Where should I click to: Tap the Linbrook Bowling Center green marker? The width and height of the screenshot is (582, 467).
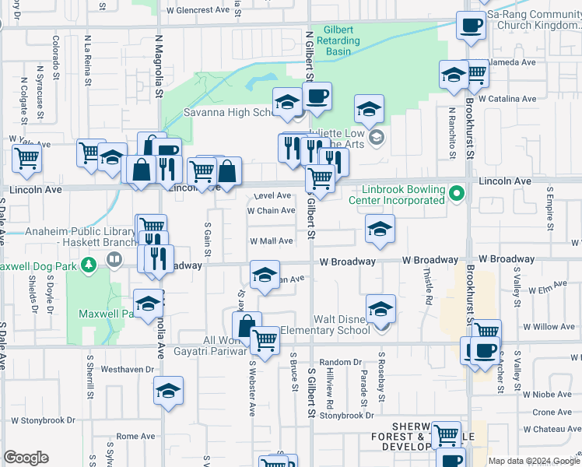point(458,192)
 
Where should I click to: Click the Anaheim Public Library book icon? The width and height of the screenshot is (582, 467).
point(114,258)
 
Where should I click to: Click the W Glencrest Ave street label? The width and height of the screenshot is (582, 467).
point(198,10)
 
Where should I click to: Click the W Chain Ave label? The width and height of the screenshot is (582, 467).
point(271,210)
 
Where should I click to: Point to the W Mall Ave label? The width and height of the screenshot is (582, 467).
point(271,241)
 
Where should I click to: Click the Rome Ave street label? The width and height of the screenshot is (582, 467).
point(131,437)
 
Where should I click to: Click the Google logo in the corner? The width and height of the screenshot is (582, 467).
point(26,458)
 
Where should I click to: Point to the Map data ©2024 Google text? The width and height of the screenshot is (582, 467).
point(533,461)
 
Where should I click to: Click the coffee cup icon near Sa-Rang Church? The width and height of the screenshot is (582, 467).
point(471,25)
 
